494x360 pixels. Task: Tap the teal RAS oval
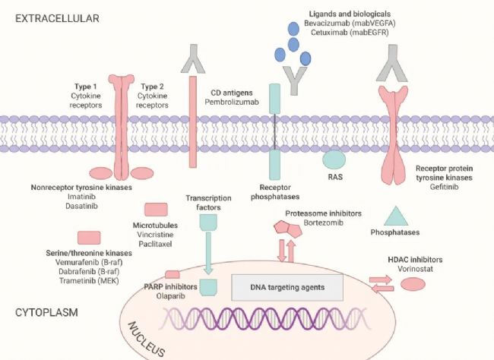click(x=334, y=159)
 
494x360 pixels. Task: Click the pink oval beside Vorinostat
click(x=413, y=284)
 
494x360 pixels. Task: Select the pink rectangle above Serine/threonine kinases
click(x=88, y=238)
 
